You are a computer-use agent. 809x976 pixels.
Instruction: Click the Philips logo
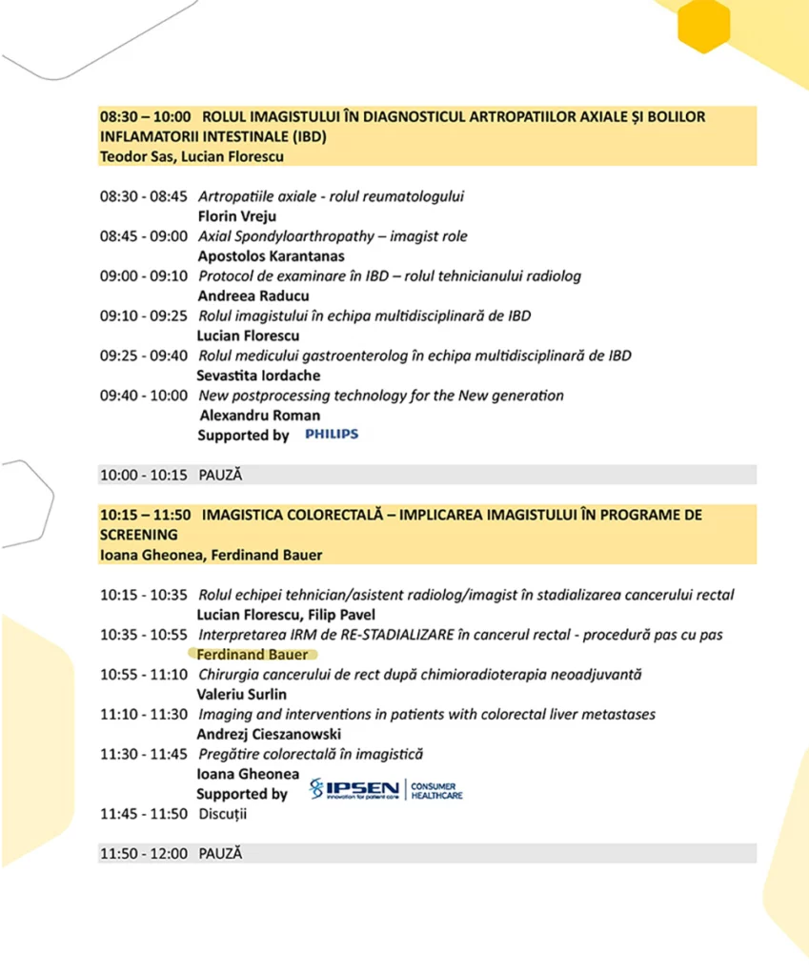[x=331, y=435]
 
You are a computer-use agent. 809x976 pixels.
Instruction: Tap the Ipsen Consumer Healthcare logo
[x=386, y=790]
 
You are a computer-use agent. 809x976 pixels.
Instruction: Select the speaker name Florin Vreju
[x=237, y=216]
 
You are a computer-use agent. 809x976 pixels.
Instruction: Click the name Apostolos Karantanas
[x=272, y=256]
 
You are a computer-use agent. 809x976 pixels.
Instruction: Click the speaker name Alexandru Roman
[x=259, y=416]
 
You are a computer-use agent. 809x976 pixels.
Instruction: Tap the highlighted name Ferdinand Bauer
[x=253, y=655]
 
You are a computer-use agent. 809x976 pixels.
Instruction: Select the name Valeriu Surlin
[x=241, y=694]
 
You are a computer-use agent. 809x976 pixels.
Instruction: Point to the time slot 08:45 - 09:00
[x=144, y=236]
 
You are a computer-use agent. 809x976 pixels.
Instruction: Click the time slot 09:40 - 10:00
[x=144, y=396]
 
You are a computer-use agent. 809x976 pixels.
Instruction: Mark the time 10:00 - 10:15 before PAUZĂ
[x=144, y=474]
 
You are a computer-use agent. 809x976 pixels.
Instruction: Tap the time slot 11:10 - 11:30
[x=144, y=714]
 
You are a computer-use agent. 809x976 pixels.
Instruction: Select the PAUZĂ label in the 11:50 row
[x=220, y=853]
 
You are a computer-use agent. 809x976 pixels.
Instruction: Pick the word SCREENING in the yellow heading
[x=139, y=535]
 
